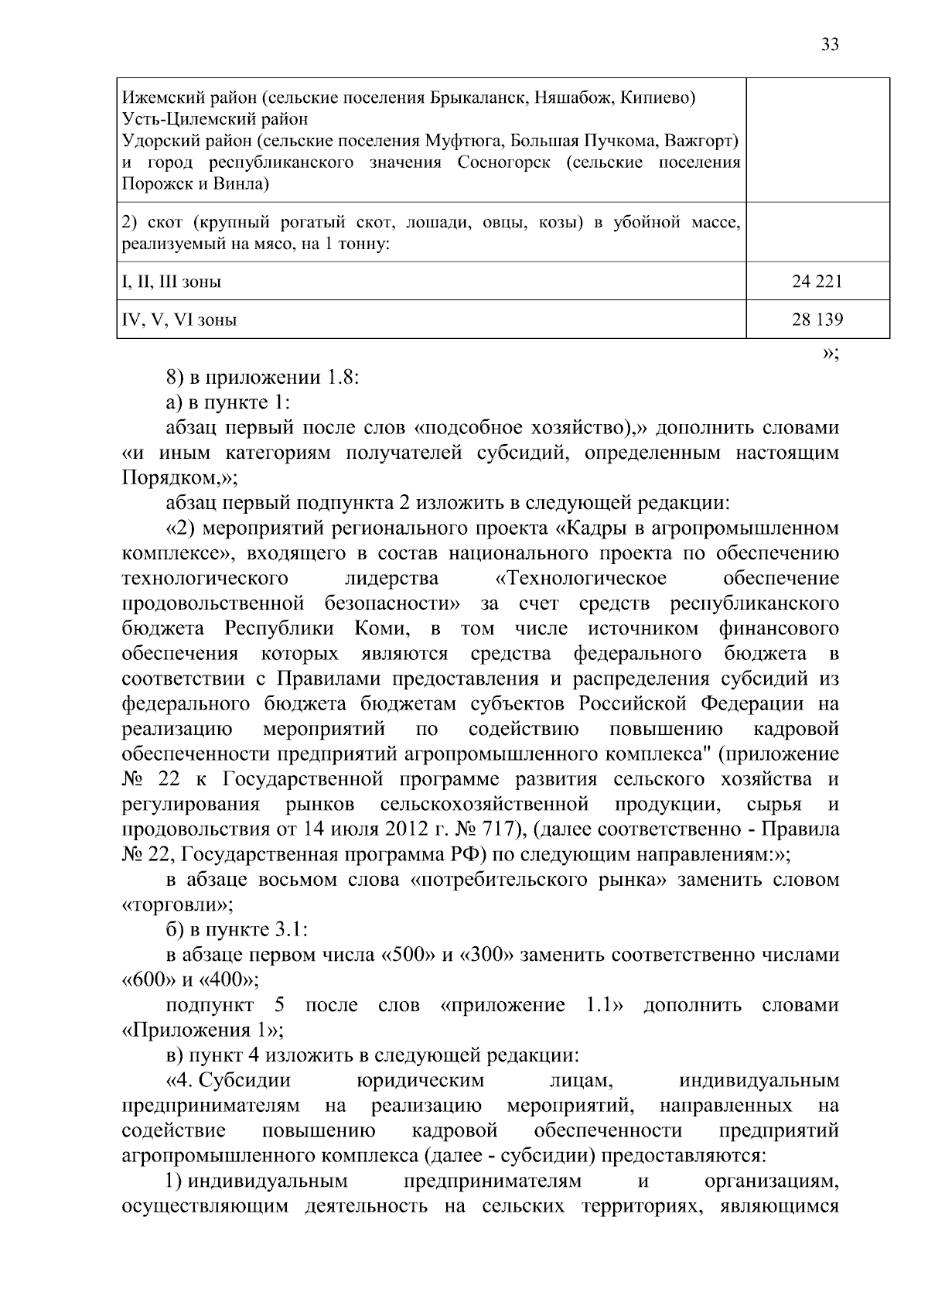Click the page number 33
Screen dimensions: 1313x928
click(829, 44)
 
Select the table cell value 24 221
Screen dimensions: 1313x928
click(817, 282)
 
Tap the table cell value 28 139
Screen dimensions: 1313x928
click(817, 319)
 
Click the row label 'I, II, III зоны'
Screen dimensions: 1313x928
click(172, 282)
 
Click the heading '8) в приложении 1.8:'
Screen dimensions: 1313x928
click(264, 378)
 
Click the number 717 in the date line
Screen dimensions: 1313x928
click(487, 829)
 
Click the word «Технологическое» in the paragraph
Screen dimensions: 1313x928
click(581, 579)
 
